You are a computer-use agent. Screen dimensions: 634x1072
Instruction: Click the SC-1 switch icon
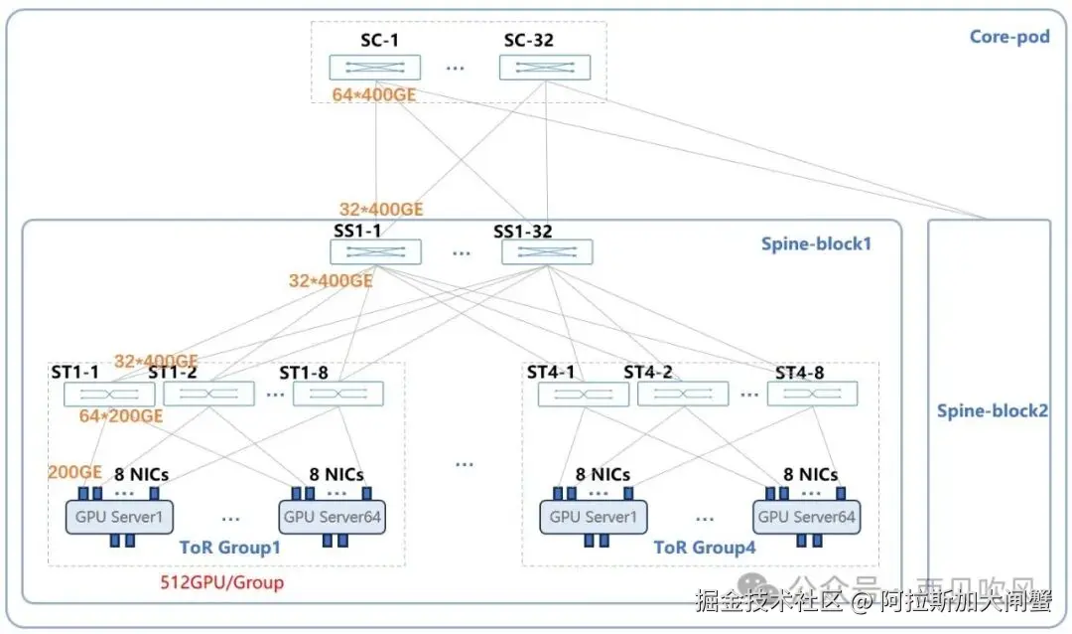(x=374, y=67)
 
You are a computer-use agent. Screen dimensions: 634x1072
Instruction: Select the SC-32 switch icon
(x=544, y=67)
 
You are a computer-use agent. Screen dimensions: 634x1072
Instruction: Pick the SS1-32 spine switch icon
(x=547, y=251)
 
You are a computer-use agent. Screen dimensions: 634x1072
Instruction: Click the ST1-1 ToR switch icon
(x=109, y=395)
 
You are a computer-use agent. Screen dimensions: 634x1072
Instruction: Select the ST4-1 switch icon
(x=583, y=395)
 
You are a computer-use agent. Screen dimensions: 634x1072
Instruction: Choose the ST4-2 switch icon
(x=682, y=395)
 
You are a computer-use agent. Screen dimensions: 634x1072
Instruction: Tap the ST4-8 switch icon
(x=812, y=395)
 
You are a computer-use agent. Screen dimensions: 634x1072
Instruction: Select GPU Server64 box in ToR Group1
(x=333, y=517)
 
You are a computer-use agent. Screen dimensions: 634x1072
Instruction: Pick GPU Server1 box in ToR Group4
(x=593, y=517)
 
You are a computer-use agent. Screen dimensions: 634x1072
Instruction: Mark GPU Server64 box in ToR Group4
(x=806, y=517)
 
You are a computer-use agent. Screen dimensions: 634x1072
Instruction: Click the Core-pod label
(x=1008, y=38)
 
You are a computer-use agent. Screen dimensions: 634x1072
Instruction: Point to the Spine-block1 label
(x=815, y=242)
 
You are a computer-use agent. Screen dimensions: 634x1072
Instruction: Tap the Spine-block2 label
(x=992, y=410)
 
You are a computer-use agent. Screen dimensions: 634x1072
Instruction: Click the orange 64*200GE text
(x=121, y=416)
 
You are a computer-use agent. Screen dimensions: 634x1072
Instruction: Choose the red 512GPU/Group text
(x=221, y=582)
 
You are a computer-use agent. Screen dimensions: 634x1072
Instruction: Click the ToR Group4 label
(x=705, y=547)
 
